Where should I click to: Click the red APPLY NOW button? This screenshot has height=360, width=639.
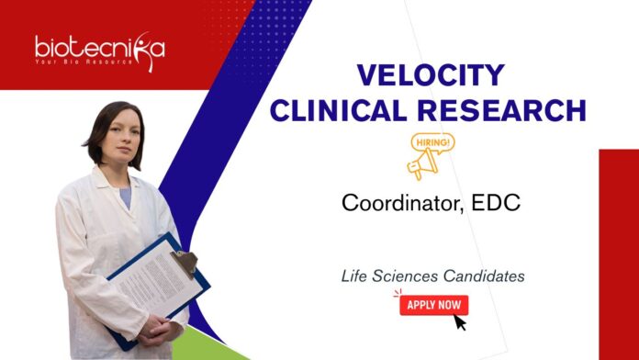tap(433, 305)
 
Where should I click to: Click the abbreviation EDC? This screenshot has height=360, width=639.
tap(497, 203)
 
